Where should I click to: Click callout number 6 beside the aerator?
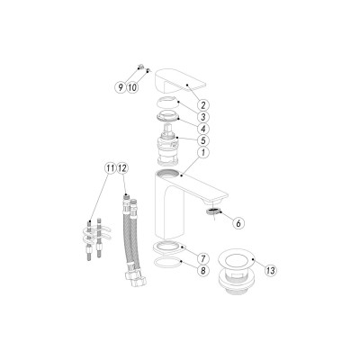(x=238, y=223)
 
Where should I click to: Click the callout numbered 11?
(x=111, y=168)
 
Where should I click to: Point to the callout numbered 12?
(x=122, y=168)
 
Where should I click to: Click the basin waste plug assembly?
(x=235, y=275)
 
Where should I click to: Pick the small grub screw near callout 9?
(x=140, y=66)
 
